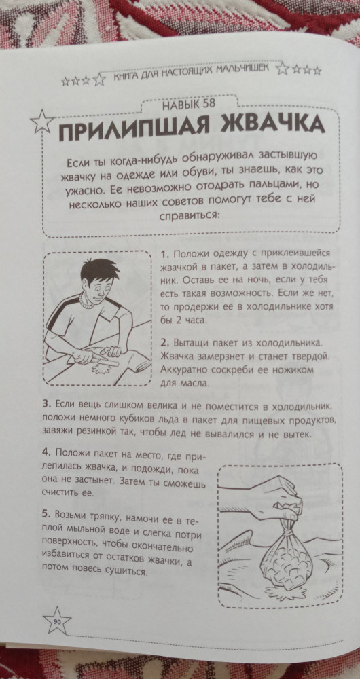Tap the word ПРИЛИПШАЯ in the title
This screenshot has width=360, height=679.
136,130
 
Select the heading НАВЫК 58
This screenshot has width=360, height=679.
190,105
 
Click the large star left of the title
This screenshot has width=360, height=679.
43,122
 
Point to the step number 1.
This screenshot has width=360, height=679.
164,254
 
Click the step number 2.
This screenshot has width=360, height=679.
164,343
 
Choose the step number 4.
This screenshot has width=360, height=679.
47,452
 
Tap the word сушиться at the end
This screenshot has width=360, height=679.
126,571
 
